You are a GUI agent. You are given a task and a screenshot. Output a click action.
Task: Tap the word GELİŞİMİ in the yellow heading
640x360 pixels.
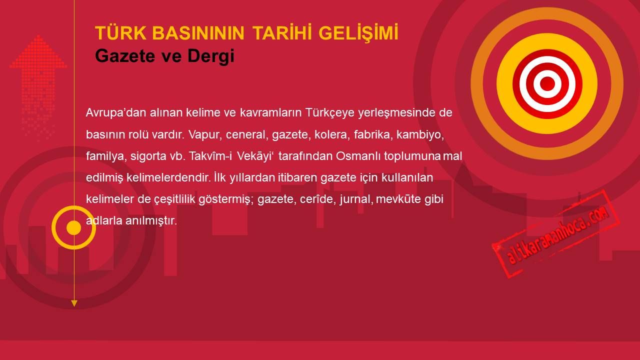click(x=358, y=33)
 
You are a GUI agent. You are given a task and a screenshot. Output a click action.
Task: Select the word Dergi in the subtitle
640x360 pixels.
click(x=211, y=56)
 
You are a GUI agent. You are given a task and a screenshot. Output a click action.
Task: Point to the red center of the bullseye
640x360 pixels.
click(x=547, y=83)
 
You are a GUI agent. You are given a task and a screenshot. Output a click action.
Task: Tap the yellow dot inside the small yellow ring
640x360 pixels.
click(x=73, y=227)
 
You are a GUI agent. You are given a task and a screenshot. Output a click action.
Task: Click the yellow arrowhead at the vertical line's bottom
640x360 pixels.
click(x=74, y=303)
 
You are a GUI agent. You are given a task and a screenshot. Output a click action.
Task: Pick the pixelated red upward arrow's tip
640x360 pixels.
click(x=38, y=35)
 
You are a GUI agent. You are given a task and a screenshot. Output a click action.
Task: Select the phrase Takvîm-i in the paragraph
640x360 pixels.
click(x=210, y=156)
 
